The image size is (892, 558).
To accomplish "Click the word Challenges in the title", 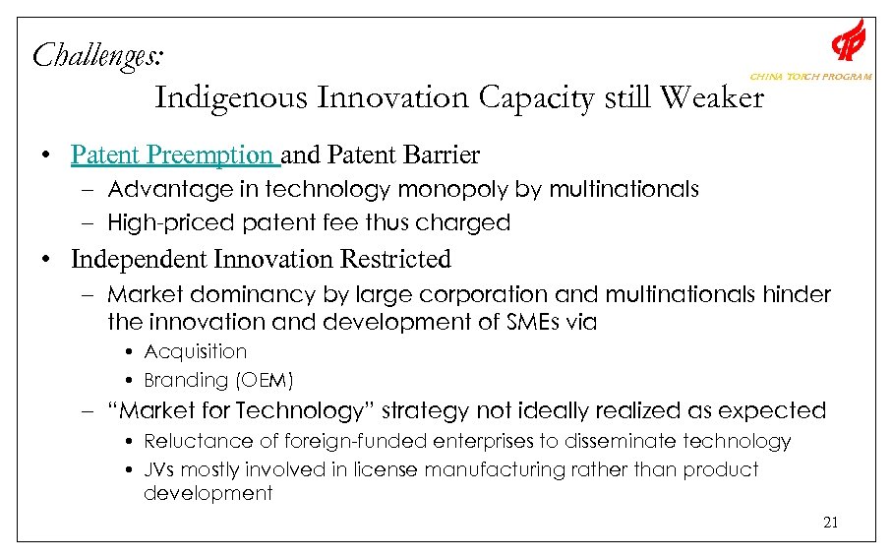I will tap(96, 54).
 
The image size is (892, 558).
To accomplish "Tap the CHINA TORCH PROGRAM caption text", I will tap(810, 77).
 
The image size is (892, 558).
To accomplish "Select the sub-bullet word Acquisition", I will tap(195, 351).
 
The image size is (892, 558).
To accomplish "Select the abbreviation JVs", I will tap(158, 469).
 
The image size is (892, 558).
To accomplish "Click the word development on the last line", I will tap(208, 493).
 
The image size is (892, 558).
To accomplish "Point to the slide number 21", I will tap(830, 523).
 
